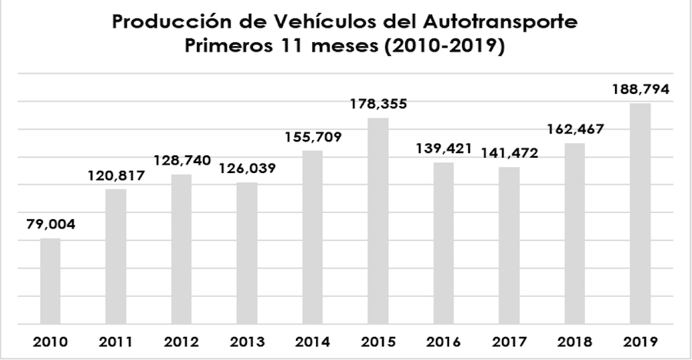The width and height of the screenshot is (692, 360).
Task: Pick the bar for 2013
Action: [247, 253]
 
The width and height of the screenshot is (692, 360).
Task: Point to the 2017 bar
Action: [509, 245]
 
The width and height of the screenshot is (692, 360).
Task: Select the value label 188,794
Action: [640, 89]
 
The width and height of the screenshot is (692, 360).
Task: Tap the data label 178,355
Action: [378, 103]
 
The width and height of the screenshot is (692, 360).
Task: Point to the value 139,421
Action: [444, 148]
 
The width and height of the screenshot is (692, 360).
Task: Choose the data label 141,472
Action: [509, 152]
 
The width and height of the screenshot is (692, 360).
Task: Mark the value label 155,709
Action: [312, 136]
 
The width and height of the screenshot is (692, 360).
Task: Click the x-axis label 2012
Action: [181, 342]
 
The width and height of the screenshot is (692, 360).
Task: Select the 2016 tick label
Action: [444, 342]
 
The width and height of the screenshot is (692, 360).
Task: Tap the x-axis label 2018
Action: [575, 342]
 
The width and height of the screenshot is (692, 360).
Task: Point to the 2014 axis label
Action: [312, 342]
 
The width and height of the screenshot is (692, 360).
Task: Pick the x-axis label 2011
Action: [116, 342]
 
